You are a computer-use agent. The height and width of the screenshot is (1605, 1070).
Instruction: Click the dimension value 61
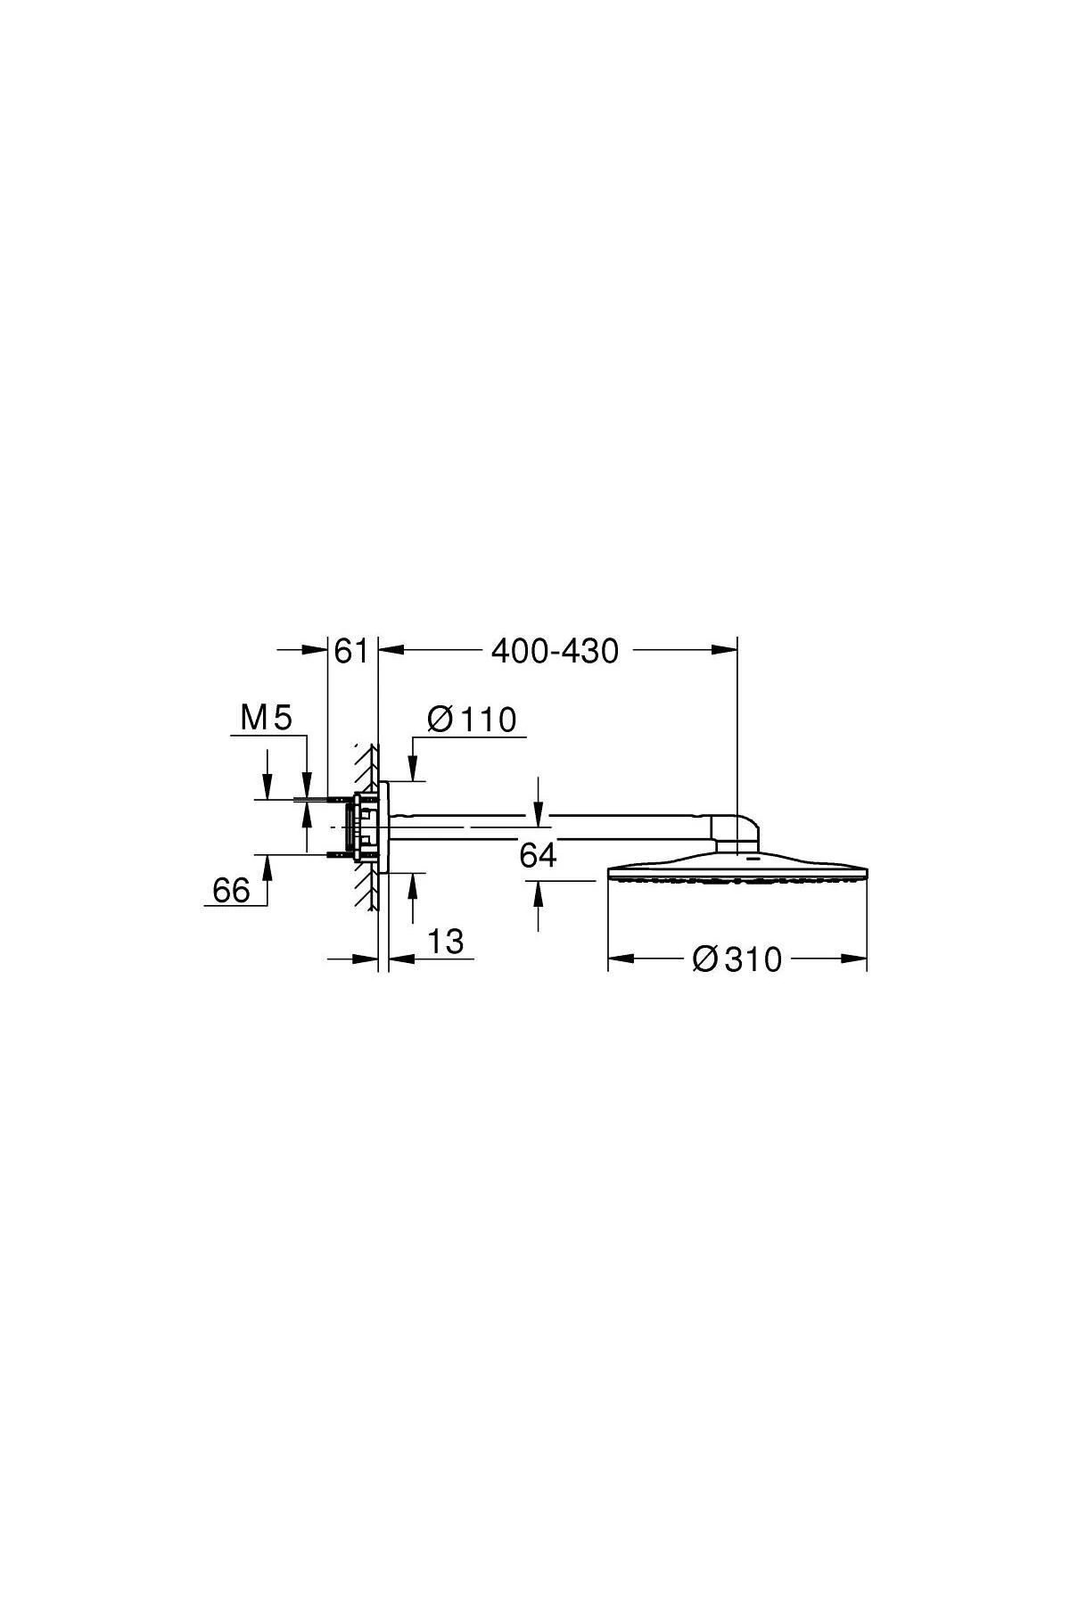(x=350, y=651)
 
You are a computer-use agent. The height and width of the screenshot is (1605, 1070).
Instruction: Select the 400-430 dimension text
(x=555, y=652)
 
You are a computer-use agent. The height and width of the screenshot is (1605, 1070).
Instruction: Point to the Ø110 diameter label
(x=472, y=720)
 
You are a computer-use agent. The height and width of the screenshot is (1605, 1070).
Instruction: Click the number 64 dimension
(x=538, y=855)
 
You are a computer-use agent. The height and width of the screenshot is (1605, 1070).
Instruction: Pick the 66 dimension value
(x=231, y=890)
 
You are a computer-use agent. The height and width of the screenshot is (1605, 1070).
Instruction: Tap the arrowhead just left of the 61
(x=317, y=651)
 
